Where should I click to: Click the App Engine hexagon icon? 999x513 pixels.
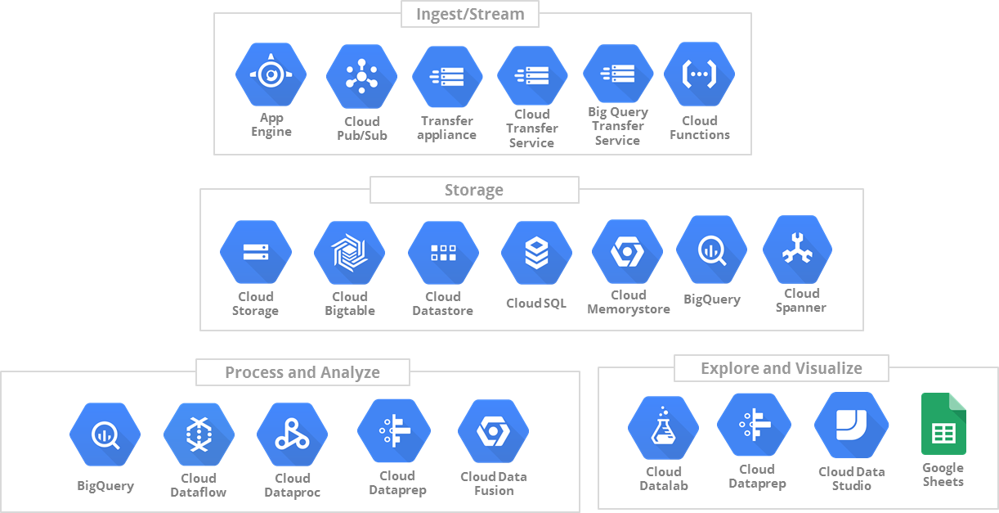coord(271,75)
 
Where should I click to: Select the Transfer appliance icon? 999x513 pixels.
coord(447,78)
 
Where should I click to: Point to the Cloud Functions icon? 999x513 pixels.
coord(700,75)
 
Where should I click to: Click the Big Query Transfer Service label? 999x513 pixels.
coord(618,126)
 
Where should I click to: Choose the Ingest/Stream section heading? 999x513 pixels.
coord(470,14)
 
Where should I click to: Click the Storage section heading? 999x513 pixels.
coord(474,191)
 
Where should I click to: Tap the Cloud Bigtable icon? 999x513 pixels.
coord(349,253)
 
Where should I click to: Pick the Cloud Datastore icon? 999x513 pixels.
coord(443,253)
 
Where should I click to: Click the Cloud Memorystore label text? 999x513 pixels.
coord(629,302)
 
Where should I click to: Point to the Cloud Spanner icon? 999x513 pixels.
coord(797,250)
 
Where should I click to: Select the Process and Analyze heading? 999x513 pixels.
coord(302,372)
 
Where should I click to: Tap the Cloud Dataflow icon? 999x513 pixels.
coord(199,434)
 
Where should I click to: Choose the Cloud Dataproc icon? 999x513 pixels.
coord(292,434)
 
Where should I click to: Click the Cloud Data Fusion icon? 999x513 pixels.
coord(493,431)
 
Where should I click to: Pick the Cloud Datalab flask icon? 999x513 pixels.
coord(663,429)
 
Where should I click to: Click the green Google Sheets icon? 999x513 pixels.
coord(943,424)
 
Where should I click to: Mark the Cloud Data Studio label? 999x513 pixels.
coord(851,479)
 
